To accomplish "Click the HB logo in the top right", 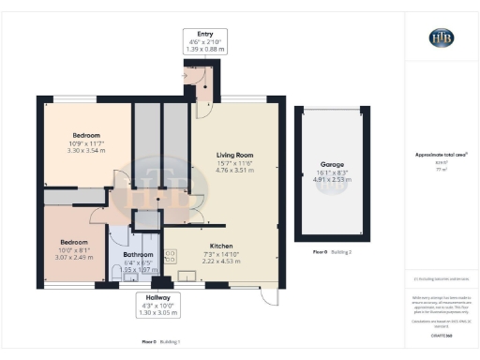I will (x=441, y=37).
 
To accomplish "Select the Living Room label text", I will (x=235, y=155).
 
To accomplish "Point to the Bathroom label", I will (x=138, y=254).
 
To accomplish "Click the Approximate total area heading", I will (x=441, y=155).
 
